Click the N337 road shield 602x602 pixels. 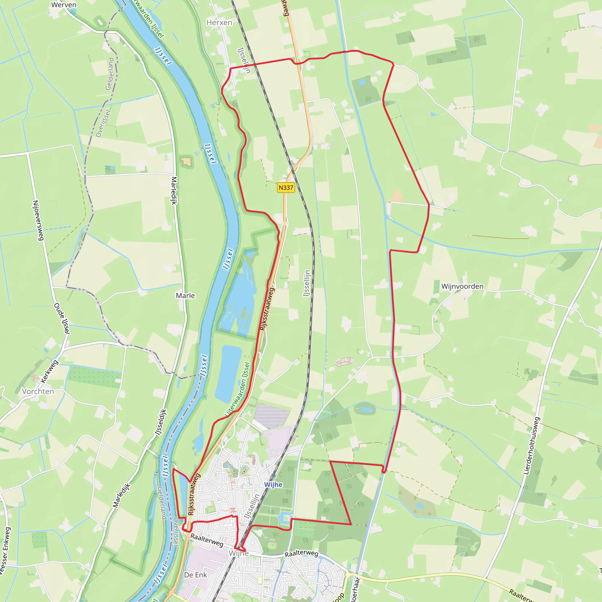pos(286,188)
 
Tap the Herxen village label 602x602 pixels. pos(219,22)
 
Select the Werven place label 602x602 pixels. pos(63,5)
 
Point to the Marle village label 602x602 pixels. pos(185,295)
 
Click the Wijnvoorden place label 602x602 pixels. pos(462,286)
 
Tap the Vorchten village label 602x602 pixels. pos(38,391)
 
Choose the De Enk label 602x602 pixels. pos(195,575)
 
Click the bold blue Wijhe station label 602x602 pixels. pos(273,484)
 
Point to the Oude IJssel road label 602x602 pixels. pos(62,318)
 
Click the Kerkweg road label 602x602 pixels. pos(49,372)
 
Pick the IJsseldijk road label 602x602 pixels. pos(161,422)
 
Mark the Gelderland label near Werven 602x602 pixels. pos(109,74)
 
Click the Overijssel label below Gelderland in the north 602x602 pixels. pos(103,123)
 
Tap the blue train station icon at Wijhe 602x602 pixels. pos(273,475)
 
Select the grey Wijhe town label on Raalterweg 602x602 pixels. pos(239,553)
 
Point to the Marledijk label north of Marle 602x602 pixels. pos(174,191)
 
